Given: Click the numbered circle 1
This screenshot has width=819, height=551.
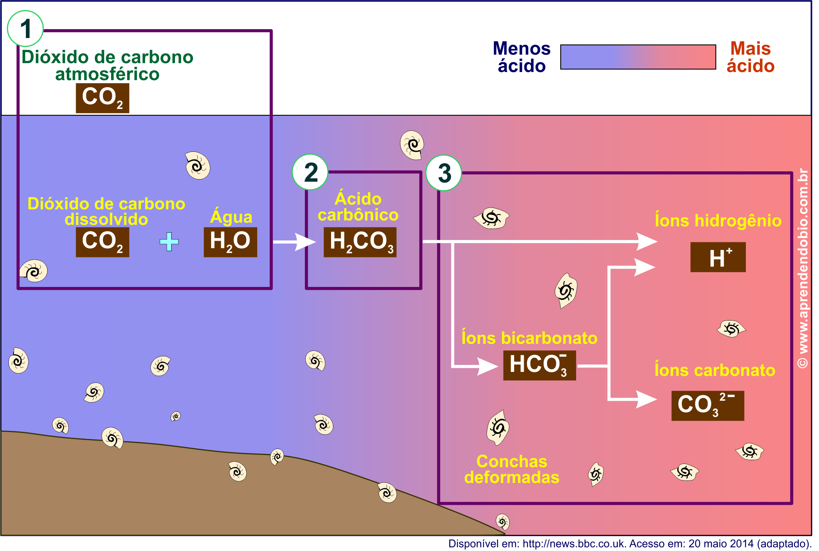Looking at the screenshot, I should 25,28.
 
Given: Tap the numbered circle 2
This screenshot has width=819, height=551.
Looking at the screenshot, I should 310,172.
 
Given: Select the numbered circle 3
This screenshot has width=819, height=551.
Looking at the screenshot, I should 444,173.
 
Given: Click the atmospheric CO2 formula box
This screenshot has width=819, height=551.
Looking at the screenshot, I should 102,98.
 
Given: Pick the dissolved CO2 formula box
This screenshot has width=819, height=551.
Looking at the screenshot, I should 102,242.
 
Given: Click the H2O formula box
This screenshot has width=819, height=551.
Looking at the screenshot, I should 230,242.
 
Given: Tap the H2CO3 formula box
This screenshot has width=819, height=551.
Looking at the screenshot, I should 360,242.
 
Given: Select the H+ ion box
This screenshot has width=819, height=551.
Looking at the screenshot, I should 718,257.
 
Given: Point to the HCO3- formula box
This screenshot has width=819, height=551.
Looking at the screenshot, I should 539,365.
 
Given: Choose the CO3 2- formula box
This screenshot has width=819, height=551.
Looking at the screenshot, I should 708,405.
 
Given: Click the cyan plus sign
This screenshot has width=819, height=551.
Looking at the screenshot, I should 169,242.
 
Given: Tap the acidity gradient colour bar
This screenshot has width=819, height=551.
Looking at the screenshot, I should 638,57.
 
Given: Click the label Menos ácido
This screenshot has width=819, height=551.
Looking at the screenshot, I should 522,57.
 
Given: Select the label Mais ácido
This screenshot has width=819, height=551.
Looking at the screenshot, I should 750,57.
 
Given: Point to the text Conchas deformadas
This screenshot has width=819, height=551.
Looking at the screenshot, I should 512,469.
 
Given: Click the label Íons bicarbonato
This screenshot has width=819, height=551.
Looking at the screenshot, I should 529,338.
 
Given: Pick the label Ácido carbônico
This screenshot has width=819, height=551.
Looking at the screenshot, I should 358,207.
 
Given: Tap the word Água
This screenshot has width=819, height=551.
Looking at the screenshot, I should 231,217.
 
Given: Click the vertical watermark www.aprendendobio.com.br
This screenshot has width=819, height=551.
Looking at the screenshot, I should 803,268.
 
